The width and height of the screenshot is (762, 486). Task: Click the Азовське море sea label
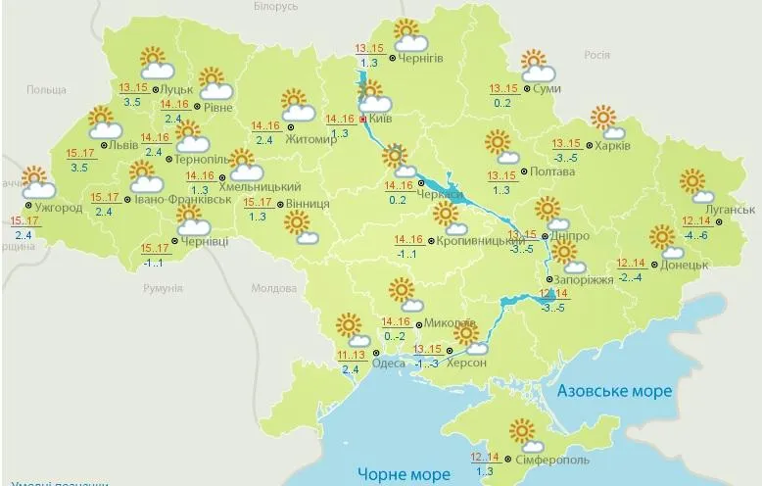coord(614,391)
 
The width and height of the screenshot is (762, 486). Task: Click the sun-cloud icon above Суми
coord(537,66)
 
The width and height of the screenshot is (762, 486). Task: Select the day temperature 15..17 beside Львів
coord(78,153)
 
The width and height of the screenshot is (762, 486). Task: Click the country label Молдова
coord(273,289)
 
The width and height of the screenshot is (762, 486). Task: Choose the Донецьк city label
coord(684,265)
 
